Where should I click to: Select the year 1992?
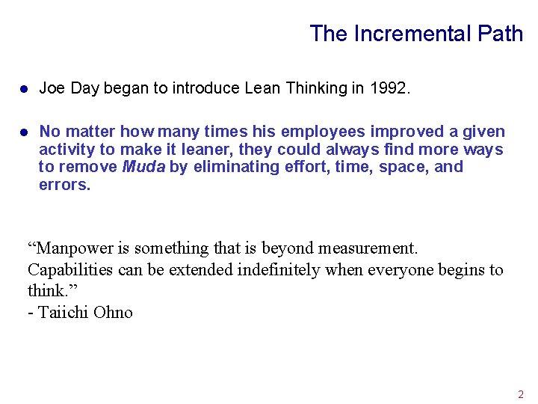pos(389,88)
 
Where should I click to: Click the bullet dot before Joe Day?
pos(24,89)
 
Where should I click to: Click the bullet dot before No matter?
pos(24,132)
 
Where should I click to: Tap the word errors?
pos(64,185)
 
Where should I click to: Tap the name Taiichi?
pos(63,313)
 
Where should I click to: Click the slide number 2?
pos(521,394)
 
